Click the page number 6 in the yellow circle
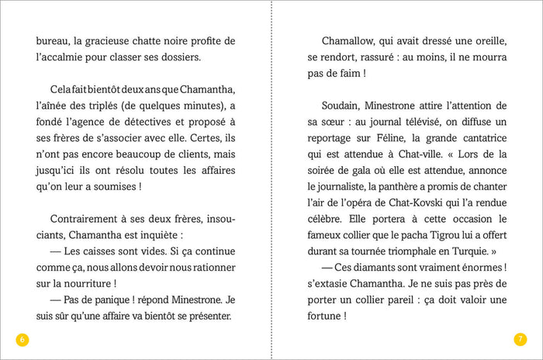coord(22,339)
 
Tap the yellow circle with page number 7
coord(521,339)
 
